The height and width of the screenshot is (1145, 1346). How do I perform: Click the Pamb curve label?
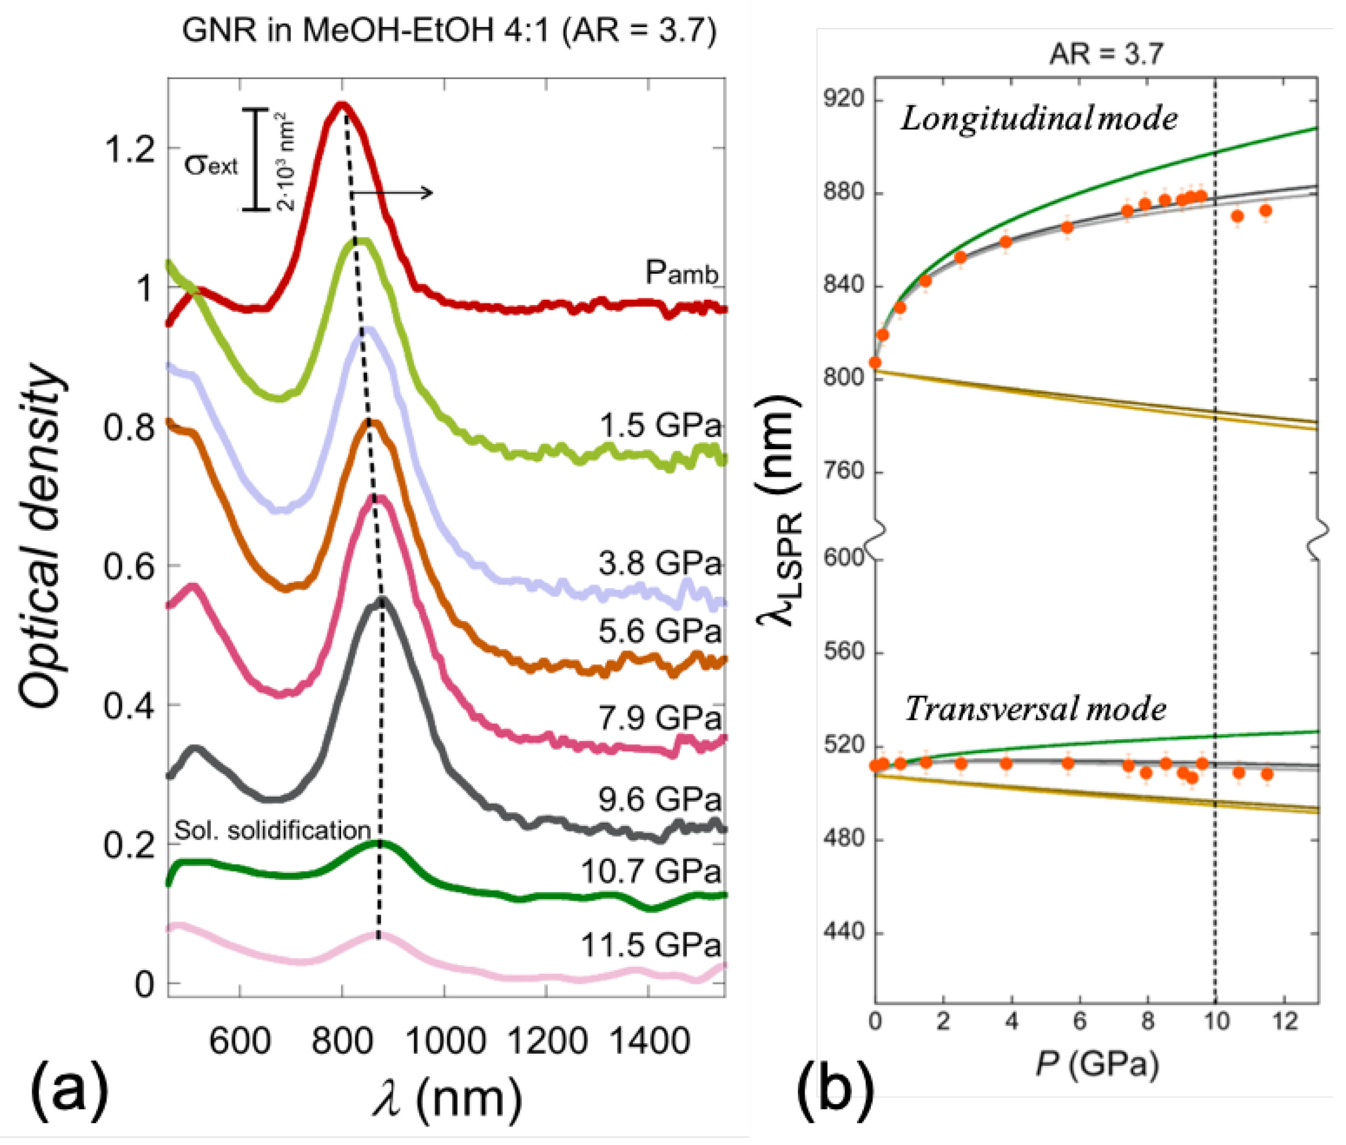681,273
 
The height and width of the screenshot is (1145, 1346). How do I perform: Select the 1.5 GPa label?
659,426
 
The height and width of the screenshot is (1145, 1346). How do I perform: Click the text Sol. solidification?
273,830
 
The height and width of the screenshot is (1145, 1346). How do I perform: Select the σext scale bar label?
211,165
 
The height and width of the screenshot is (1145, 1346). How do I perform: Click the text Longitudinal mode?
1038,119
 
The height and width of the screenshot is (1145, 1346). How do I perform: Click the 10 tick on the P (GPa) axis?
1216,1021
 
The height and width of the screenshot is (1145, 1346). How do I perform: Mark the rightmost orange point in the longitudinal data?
1265,211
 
